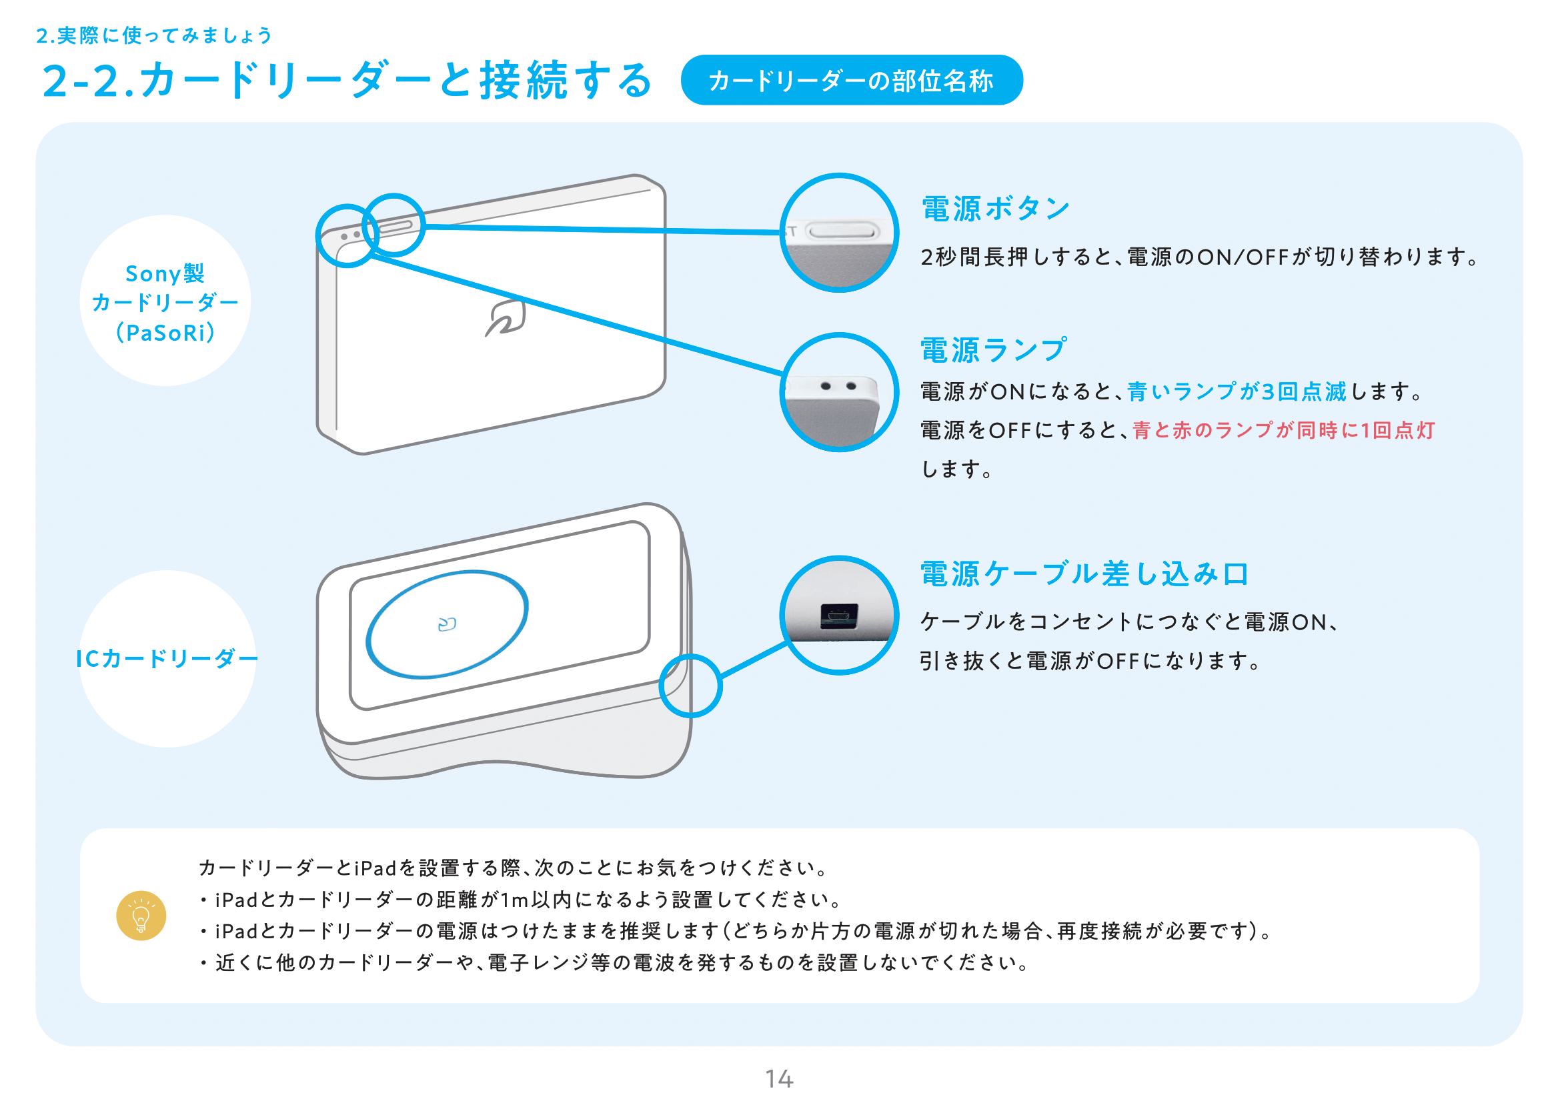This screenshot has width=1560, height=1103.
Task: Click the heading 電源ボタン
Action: tap(995, 209)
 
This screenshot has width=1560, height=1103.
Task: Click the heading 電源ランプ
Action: tap(992, 351)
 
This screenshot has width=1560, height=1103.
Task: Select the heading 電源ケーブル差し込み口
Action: tap(1084, 574)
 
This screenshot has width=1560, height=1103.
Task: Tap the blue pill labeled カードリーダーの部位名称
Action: tap(851, 81)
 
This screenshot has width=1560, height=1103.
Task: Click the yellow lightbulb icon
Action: tap(141, 916)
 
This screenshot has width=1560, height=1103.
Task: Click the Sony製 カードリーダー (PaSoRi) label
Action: tap(165, 302)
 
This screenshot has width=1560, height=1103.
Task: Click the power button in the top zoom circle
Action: tap(842, 232)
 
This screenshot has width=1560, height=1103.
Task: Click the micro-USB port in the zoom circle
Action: tap(839, 616)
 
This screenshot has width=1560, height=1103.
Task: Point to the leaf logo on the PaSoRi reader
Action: tap(506, 318)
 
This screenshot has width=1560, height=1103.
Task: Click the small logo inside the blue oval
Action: tap(447, 624)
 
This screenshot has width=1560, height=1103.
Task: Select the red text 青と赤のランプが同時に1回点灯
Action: tap(1283, 430)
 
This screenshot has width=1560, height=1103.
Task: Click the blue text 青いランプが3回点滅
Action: tap(1237, 391)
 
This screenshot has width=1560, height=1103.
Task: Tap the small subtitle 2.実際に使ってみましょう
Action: tap(153, 35)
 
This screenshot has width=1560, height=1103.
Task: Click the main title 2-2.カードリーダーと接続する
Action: tap(347, 81)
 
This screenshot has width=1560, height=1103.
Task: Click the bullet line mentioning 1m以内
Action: tap(520, 900)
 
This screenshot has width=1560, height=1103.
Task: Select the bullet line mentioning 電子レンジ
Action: tap(615, 962)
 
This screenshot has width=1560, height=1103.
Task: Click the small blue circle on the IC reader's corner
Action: tap(690, 686)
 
